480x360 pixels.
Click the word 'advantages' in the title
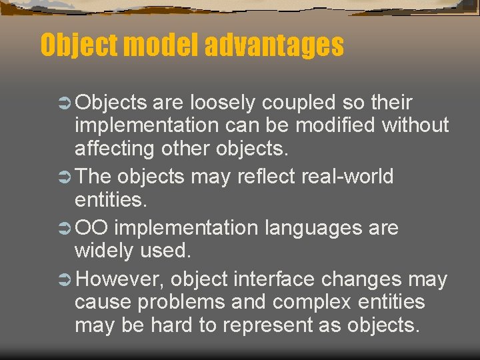[x=274, y=45]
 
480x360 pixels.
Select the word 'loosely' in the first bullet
[x=224, y=103]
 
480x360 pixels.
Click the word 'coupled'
[x=299, y=103]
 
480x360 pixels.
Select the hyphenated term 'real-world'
[x=348, y=177]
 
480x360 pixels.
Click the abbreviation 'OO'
[x=93, y=228]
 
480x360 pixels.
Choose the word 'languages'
[x=313, y=228]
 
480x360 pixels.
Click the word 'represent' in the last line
[x=267, y=325]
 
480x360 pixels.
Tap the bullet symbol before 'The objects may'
[x=66, y=177]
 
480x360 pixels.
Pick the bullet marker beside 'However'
[x=66, y=280]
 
